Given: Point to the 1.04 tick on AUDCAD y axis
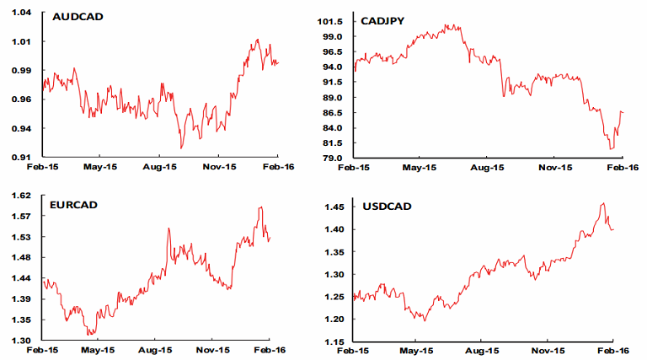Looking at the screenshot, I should pos(22,13).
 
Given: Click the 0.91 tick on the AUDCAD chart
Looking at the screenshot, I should pos(22,157).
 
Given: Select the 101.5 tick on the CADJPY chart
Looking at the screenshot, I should pos(331,21).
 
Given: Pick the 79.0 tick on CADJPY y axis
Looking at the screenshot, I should pos(334,158).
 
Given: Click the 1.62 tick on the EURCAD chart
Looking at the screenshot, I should pos(22,196).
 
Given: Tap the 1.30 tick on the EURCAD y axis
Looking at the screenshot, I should pos(22,341).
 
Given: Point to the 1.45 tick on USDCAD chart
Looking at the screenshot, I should pos(334,207).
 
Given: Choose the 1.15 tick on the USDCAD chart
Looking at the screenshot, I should pos(334,341).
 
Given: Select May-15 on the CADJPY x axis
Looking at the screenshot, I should pos(419,168).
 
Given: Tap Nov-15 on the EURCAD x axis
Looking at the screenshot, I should pos(213,349).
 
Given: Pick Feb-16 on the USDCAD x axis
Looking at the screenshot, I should pos(614,349).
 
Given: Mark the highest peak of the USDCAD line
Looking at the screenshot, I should pos(602,203).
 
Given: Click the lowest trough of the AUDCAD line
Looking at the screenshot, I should pos(181,148).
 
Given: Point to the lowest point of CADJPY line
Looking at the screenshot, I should pos(611,149).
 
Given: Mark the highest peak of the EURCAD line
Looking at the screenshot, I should pos(261,207).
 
